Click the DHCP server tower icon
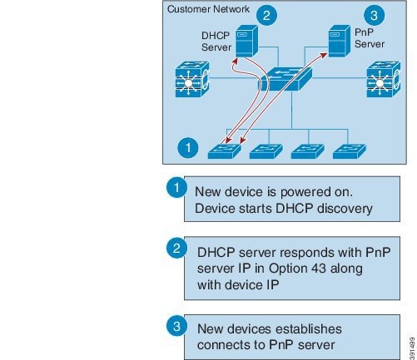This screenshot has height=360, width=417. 246,41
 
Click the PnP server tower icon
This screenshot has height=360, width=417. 339,41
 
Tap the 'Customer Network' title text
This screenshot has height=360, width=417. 208,9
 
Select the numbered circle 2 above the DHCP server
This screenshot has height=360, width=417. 266,15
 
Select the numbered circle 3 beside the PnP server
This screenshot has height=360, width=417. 374,15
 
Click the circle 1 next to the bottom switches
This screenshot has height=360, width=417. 188,148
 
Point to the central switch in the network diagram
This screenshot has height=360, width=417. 285,79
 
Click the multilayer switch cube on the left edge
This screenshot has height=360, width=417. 192,79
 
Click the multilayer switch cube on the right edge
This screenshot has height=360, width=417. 384,79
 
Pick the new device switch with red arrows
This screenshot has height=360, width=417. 224,151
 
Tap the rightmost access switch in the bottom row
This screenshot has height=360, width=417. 350,151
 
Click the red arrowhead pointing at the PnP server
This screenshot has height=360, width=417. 323,56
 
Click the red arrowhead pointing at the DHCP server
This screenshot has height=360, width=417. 235,62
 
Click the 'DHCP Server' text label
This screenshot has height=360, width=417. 216,42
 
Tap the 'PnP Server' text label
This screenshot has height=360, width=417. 370,38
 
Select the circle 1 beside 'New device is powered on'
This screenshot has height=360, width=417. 176,187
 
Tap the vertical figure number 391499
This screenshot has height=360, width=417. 412,348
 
